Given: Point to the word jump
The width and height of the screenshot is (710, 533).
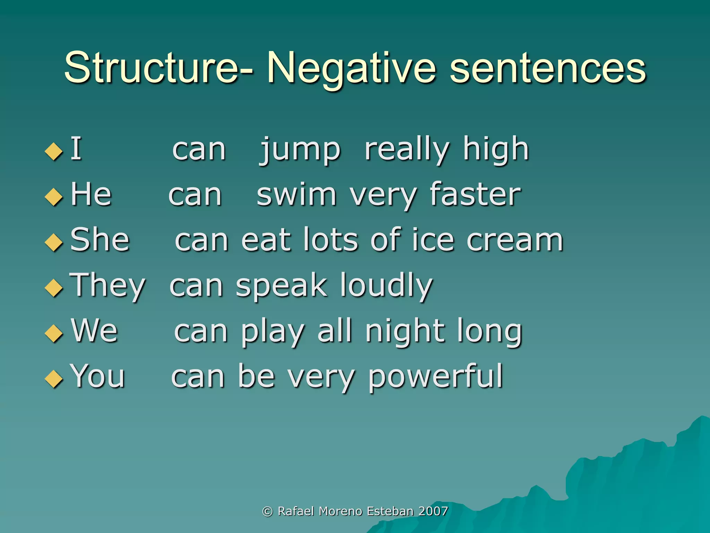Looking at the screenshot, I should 300,151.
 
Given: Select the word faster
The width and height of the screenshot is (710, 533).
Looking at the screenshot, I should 475,195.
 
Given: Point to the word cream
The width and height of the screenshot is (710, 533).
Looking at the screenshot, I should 515,240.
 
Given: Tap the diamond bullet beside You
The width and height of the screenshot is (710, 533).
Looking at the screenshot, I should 54,379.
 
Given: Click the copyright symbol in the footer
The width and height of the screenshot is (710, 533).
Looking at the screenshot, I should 267,511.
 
